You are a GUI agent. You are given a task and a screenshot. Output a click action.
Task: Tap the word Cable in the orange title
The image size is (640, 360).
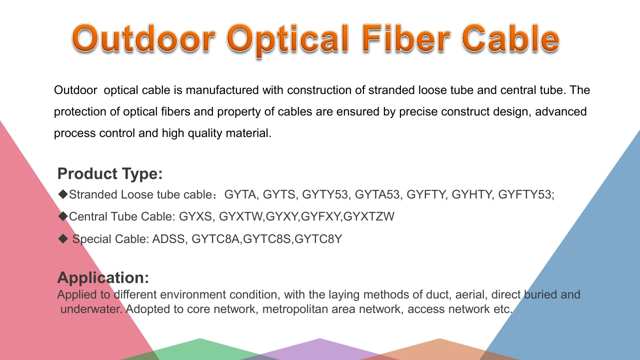tap(510, 38)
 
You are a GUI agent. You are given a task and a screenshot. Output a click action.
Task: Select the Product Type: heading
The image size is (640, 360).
tap(110, 173)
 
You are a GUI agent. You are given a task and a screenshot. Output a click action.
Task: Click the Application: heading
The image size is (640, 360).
tap(103, 277)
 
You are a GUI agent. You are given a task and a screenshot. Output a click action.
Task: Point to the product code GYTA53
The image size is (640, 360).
tap(377, 194)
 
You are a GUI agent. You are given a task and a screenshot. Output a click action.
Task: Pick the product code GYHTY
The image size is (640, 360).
tap(472, 194)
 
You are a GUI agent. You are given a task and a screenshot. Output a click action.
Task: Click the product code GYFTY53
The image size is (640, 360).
tap(525, 194)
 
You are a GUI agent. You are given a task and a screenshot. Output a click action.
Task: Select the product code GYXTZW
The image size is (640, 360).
tap(368, 216)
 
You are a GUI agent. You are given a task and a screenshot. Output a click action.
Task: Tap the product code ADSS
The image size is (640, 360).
tap(168, 239)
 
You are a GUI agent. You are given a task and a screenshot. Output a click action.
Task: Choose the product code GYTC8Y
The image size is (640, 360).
tap(318, 239)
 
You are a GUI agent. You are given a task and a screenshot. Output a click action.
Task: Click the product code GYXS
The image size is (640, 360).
tap(195, 216)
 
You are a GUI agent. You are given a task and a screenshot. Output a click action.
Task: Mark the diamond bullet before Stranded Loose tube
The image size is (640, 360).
tap(63, 194)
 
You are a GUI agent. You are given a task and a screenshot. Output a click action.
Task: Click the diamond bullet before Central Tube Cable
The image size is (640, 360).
tap(63, 216)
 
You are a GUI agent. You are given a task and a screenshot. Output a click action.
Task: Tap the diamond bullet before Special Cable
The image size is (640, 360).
tap(63, 238)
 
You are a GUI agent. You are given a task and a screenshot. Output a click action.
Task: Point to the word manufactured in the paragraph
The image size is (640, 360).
tap(222, 90)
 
